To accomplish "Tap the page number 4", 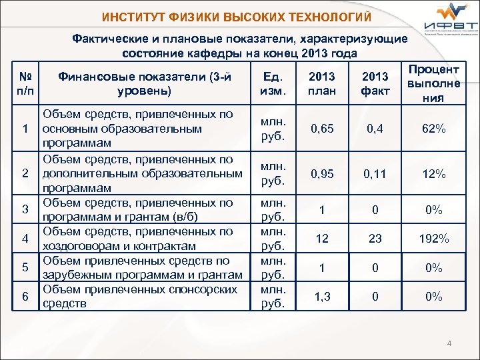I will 449,343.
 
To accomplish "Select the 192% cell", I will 434,239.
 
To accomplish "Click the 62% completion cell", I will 434,128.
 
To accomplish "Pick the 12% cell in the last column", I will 434,174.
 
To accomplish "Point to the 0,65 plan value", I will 322,128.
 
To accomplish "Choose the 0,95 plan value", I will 322,174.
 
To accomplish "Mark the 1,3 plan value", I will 322,297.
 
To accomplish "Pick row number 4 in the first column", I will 24,239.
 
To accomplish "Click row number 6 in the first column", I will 24,297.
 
